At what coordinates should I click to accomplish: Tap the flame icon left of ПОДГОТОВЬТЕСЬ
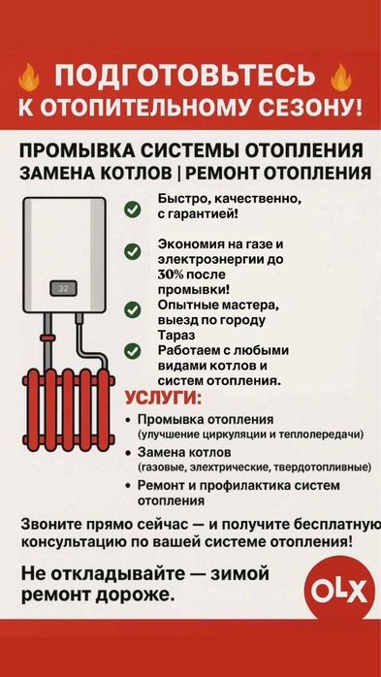(30, 78)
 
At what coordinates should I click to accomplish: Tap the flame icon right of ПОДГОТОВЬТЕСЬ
(341, 78)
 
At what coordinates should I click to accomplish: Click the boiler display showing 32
(63, 288)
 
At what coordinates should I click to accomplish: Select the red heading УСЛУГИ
(163, 398)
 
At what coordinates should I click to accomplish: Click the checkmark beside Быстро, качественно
(132, 210)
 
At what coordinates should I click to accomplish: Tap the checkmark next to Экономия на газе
(132, 251)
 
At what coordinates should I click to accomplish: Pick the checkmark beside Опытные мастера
(132, 309)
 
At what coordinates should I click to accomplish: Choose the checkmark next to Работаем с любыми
(132, 351)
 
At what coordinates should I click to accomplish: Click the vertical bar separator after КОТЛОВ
(179, 174)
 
